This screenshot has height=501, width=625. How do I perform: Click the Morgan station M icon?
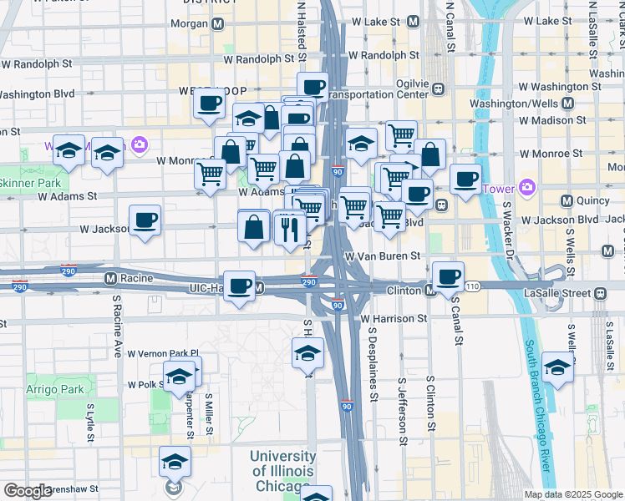tap(217, 24)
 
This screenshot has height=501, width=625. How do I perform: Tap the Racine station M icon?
tap(109, 277)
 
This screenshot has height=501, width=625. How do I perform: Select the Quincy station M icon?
tap(567, 200)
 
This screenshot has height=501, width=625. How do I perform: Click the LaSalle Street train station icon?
tap(600, 292)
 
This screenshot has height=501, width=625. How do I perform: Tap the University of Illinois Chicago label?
tap(282, 473)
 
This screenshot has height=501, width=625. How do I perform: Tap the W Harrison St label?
tap(394, 318)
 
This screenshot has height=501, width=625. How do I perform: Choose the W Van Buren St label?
tap(381, 257)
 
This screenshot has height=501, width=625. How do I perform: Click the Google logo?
tap(27, 491)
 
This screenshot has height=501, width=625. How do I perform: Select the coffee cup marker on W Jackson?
tap(145, 221)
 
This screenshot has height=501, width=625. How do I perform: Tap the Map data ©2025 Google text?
tap(572, 494)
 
